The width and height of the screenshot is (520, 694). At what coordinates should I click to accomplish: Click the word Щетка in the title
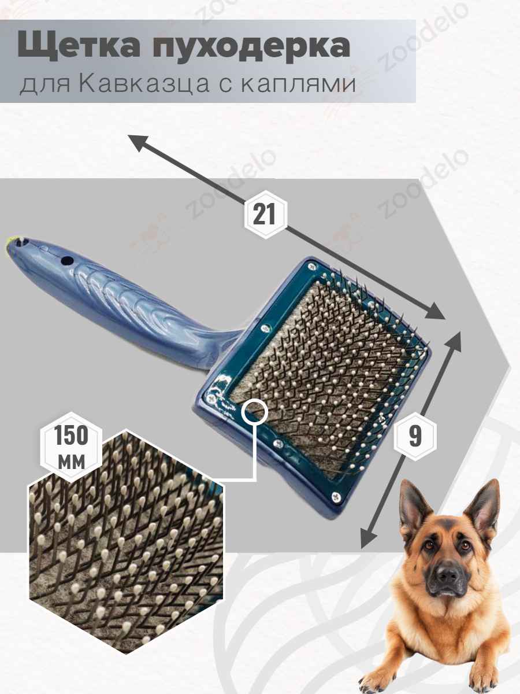pos(79,47)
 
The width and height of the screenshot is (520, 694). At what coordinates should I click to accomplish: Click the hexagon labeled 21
pos(265,215)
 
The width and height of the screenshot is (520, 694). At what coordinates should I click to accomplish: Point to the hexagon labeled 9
pos(415,436)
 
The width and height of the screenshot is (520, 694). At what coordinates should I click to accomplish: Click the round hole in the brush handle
pos(67,261)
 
